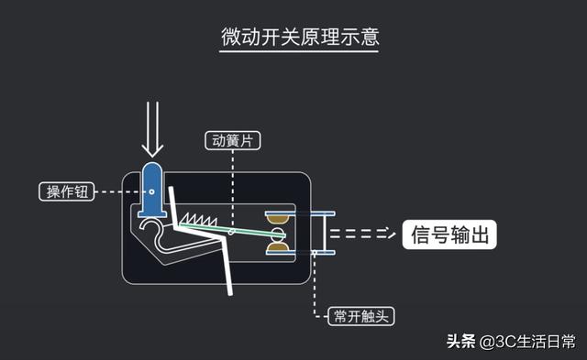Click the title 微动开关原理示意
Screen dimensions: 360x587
[x=300, y=38]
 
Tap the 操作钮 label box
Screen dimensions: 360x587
[x=65, y=191]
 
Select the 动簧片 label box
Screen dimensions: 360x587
[x=233, y=142]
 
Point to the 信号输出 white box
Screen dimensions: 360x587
[x=450, y=235]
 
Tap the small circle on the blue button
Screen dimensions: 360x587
[x=152, y=192]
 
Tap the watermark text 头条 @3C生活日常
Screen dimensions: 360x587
[x=511, y=343]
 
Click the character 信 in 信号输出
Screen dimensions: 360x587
[x=421, y=235]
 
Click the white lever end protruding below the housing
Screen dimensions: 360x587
[x=233, y=283]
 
